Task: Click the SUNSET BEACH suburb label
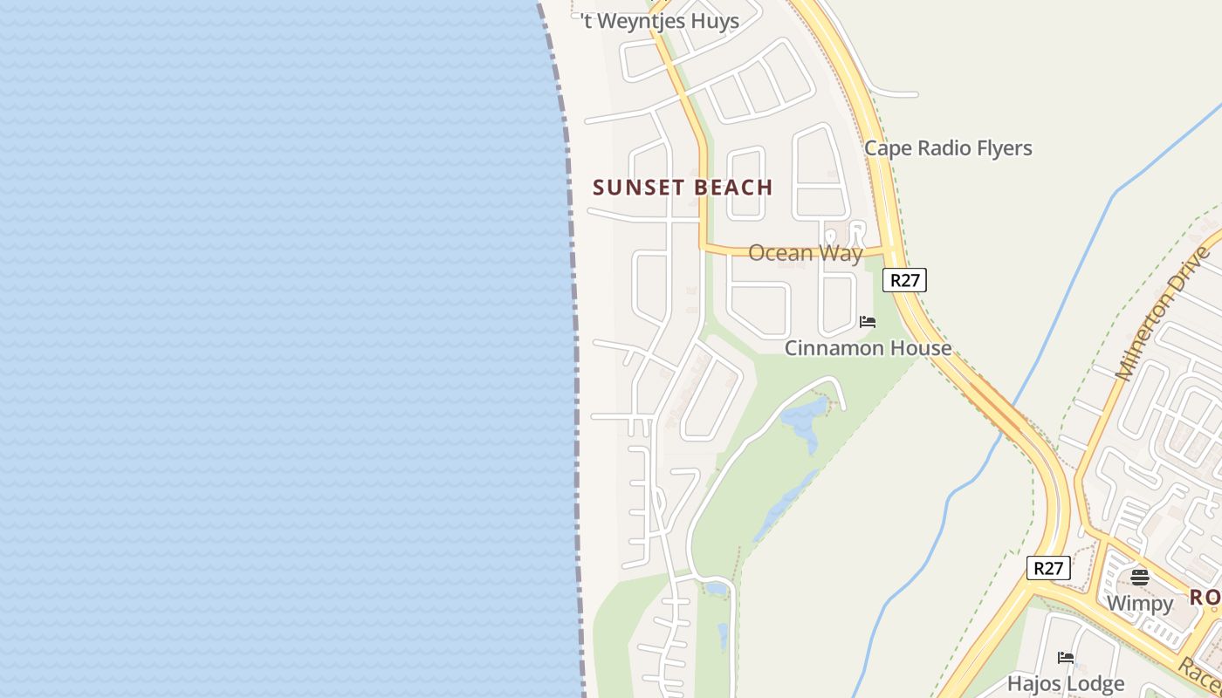683,188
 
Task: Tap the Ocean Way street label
805,253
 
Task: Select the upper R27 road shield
904,280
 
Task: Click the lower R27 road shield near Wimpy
1047,568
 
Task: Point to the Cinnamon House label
868,348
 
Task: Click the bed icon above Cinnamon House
867,322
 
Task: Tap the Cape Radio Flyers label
948,148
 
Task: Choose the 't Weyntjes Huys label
660,22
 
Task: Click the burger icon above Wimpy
1139,577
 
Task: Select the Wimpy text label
1139,603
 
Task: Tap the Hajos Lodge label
1065,683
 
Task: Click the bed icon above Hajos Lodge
1065,658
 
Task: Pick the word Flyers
1004,148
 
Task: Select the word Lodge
1095,683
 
